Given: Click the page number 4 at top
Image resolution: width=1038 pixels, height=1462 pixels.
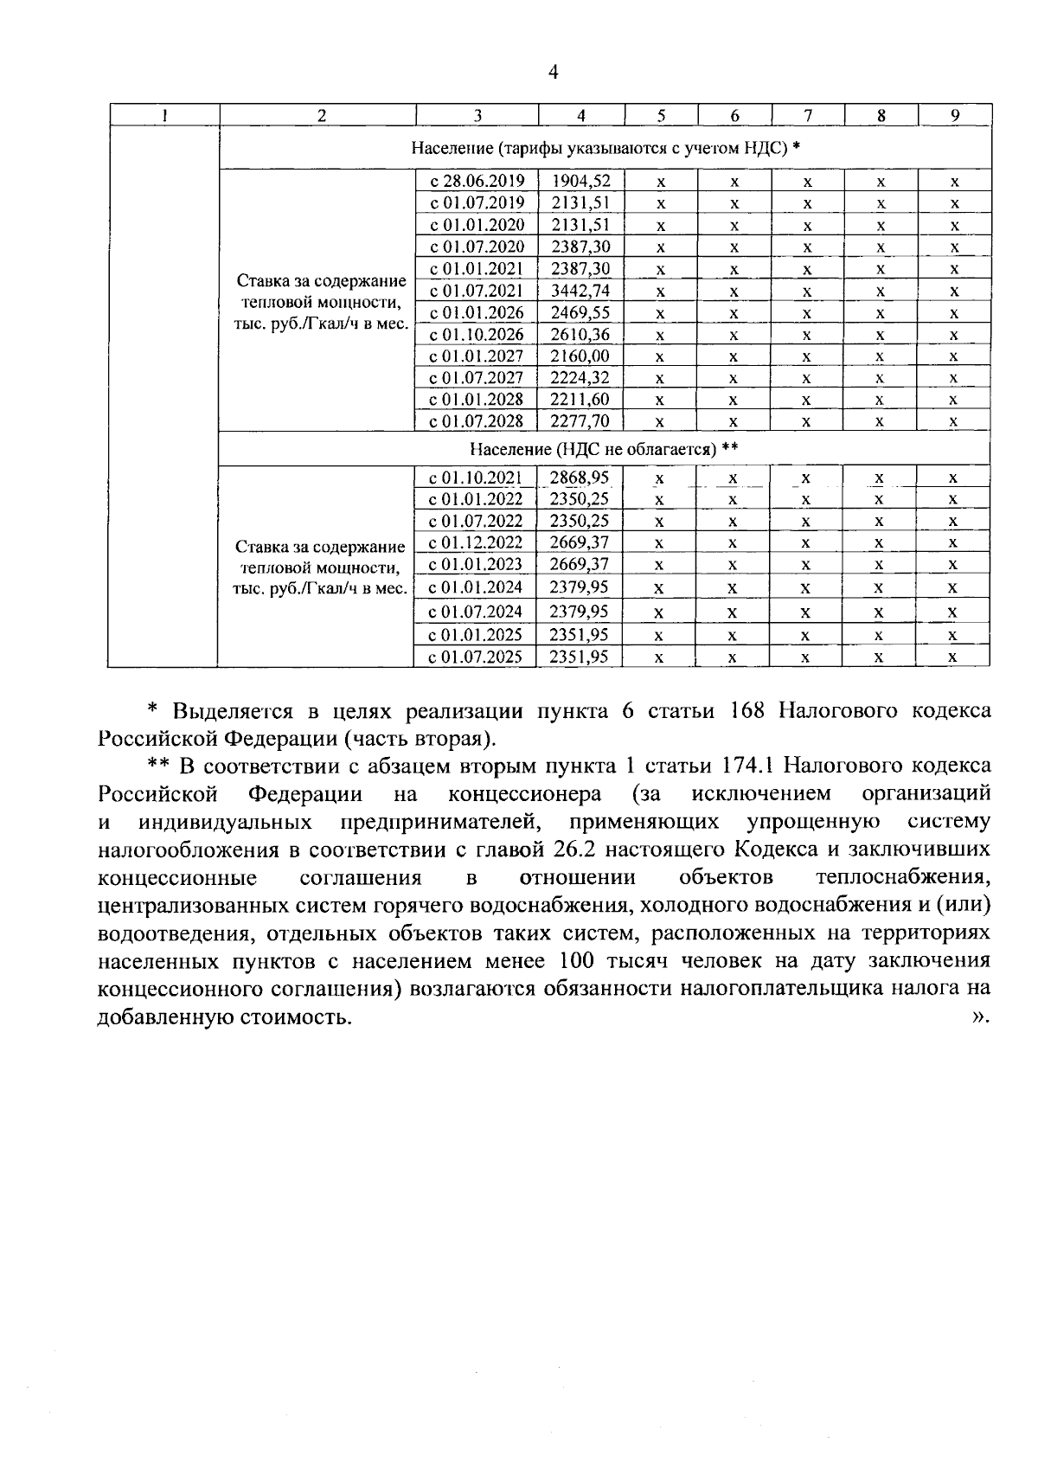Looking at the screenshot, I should pyautogui.click(x=554, y=73).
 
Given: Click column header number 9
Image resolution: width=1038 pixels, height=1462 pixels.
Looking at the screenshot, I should pyautogui.click(x=954, y=116).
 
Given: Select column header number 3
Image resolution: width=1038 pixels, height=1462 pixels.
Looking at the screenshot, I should pyautogui.click(x=477, y=116).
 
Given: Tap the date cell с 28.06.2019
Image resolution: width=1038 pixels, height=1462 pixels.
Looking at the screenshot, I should pyautogui.click(x=477, y=181).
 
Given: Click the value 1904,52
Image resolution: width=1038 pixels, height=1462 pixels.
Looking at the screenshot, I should pyautogui.click(x=580, y=181).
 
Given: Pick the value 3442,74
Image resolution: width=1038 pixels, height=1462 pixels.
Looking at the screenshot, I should pyautogui.click(x=580, y=290).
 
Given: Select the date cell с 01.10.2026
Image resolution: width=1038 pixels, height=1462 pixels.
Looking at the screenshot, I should pyautogui.click(x=477, y=334).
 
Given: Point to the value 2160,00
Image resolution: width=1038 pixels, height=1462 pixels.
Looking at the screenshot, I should pyautogui.click(x=580, y=356).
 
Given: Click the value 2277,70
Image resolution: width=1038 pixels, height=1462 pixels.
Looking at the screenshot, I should pyautogui.click(x=580, y=421).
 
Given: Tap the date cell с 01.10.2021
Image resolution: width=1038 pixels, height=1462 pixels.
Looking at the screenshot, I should pyautogui.click(x=477, y=477).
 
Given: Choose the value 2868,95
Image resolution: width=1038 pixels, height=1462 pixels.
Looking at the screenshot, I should pyautogui.click(x=580, y=477).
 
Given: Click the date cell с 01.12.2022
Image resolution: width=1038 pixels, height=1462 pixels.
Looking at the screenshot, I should pyautogui.click(x=477, y=542).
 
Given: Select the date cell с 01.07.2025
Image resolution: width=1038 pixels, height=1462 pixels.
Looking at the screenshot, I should pyautogui.click(x=477, y=657).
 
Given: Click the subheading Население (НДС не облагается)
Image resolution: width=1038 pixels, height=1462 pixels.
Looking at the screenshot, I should pyautogui.click(x=603, y=449).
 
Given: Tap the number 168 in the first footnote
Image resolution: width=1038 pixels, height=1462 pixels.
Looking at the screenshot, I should pyautogui.click(x=751, y=711).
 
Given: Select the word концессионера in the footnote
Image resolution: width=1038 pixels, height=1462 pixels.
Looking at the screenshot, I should pyautogui.click(x=525, y=793).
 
